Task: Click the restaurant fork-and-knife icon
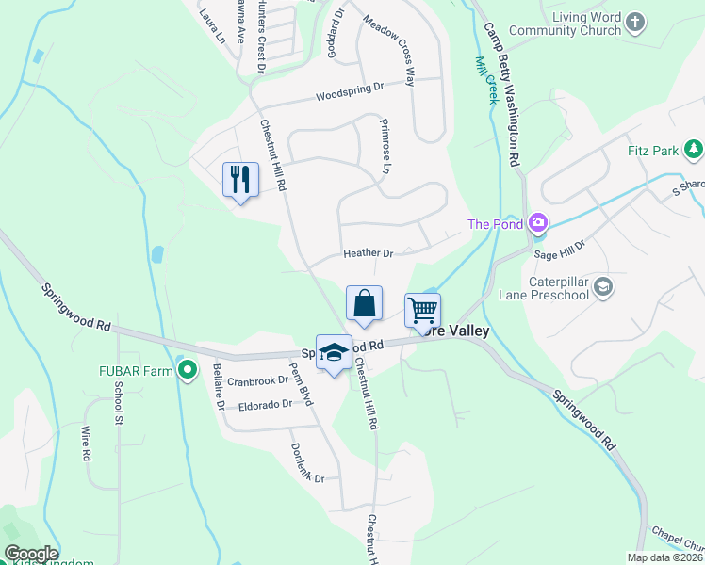(x=239, y=178)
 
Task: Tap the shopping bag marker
(x=364, y=303)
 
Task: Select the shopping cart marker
(x=422, y=309)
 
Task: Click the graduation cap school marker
(x=333, y=352)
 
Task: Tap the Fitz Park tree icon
(x=694, y=149)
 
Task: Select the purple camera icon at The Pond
(x=538, y=223)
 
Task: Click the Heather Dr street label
(x=368, y=253)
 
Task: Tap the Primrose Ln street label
(x=385, y=146)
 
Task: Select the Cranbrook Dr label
(x=256, y=380)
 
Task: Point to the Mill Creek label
(x=486, y=78)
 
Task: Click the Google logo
(x=30, y=555)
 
